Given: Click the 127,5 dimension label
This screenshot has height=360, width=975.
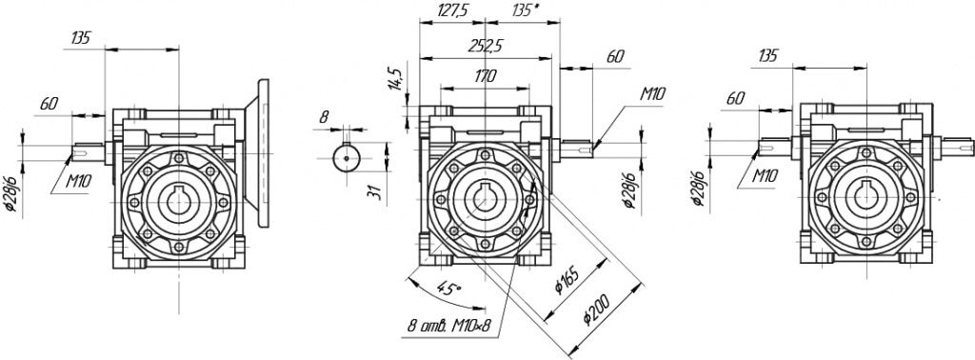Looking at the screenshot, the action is (452, 10).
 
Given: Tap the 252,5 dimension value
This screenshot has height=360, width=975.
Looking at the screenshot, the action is (487, 46).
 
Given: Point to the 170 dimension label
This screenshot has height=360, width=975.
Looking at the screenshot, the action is (485, 76).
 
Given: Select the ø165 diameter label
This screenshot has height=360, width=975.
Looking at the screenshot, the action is (568, 281).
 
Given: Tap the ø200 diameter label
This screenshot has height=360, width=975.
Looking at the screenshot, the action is (598, 309).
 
